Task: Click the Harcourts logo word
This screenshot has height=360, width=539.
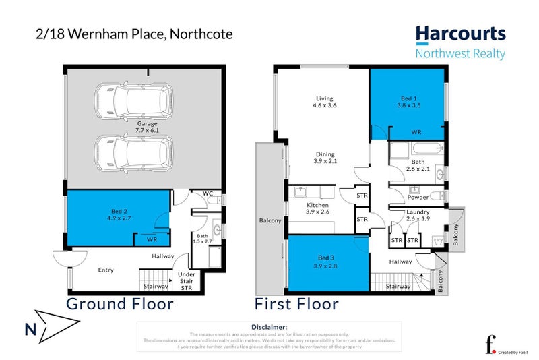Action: tap(460, 34)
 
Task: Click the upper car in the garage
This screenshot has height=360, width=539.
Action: tap(133, 100)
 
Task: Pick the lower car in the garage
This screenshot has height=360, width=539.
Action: tap(133, 152)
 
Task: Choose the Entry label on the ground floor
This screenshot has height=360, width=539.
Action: tap(106, 270)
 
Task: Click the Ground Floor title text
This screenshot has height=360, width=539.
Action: tap(119, 304)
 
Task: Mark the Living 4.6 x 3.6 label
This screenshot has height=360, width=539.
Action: tap(324, 102)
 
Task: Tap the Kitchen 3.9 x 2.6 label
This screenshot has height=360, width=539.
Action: tap(317, 208)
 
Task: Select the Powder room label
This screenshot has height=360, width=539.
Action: tap(418, 197)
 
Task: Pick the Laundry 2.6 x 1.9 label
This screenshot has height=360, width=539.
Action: tap(418, 216)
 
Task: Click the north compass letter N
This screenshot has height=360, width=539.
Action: tap(29, 330)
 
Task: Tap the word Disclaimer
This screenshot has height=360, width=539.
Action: tap(269, 327)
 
